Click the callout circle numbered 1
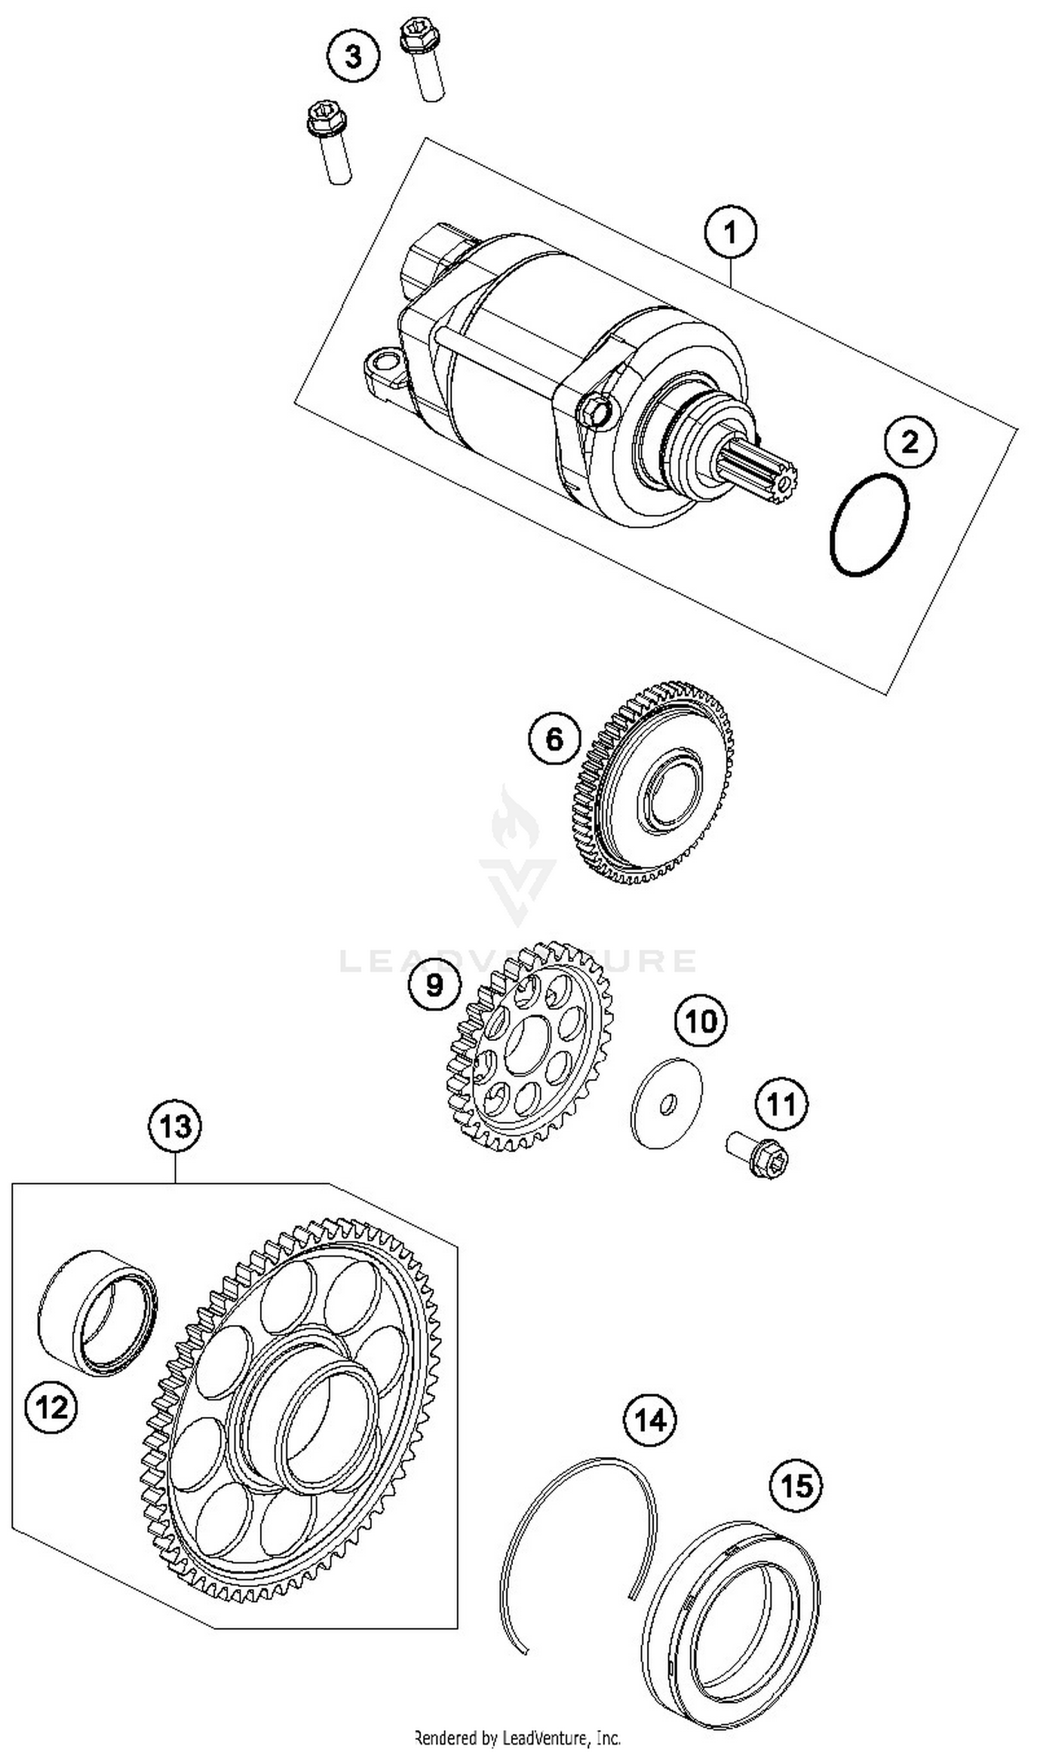pyautogui.click(x=730, y=232)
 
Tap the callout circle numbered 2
pyautogui.click(x=910, y=442)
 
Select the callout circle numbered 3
pyautogui.click(x=354, y=56)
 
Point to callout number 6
pyautogui.click(x=554, y=738)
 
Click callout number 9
pyautogui.click(x=435, y=985)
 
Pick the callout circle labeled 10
pyautogui.click(x=701, y=1021)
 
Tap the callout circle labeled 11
pyautogui.click(x=781, y=1105)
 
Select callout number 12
pyautogui.click(x=52, y=1407)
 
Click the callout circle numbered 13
pyautogui.click(x=175, y=1126)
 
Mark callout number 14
pyautogui.click(x=651, y=1420)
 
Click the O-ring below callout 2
pyautogui.click(x=870, y=525)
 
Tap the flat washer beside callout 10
pyautogui.click(x=666, y=1102)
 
